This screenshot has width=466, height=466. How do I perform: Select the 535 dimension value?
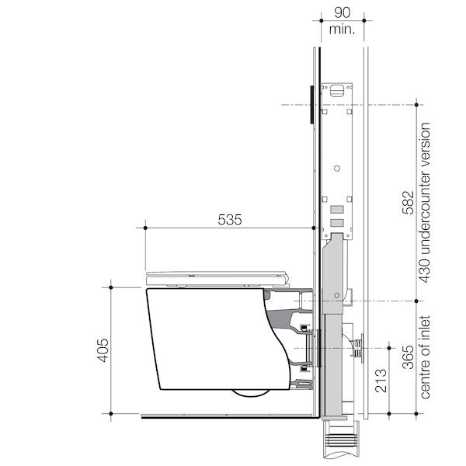click(229, 220)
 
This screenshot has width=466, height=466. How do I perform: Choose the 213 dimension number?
click(381, 382)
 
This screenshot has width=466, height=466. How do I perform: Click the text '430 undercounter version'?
click(426, 203)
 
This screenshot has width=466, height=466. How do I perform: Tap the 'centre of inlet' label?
click(426, 357)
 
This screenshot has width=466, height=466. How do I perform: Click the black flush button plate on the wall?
click(311, 104)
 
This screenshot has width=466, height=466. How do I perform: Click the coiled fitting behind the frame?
click(359, 346)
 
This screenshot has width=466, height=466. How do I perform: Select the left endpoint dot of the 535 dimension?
click(144, 228)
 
